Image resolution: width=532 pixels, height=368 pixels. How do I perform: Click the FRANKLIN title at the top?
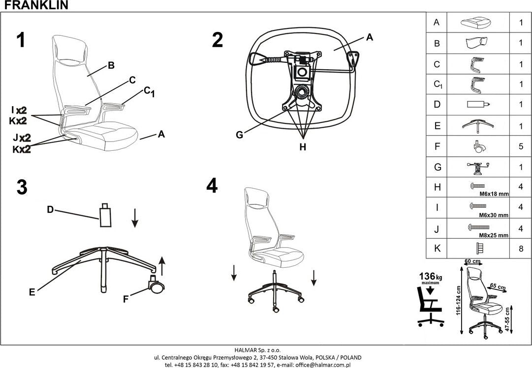34,5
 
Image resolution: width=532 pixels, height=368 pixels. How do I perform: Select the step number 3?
22,188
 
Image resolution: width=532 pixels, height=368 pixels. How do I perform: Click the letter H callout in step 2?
303,146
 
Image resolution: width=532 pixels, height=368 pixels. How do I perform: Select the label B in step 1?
111,65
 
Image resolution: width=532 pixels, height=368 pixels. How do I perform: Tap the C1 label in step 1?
149,91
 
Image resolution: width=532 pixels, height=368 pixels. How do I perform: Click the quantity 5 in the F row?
520,146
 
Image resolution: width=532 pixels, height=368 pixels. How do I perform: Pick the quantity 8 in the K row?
520,249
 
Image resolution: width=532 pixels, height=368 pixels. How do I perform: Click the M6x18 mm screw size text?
494,195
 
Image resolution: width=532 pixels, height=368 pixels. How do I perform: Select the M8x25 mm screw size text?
494,235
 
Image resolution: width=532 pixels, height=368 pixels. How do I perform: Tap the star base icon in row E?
478,126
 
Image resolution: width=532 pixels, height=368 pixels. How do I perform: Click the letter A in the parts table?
436,23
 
